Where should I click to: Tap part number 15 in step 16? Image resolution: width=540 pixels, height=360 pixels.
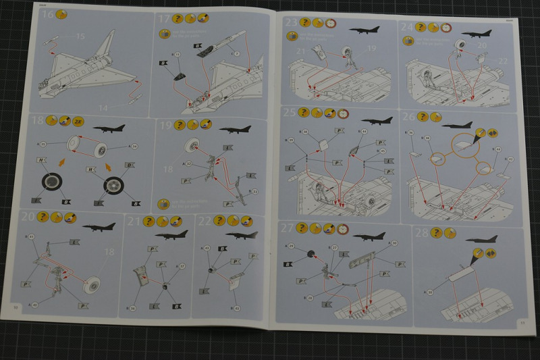click(80, 35)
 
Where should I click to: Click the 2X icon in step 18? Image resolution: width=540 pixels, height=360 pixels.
click(77, 122)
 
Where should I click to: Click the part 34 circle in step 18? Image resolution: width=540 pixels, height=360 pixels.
click(134, 145)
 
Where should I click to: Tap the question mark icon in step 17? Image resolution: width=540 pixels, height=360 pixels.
click(178, 18)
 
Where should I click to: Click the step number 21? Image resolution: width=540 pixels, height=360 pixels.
click(133, 222)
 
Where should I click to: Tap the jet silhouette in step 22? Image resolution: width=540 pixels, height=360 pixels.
click(241, 234)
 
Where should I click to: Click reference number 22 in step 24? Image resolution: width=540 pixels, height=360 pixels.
click(502, 61)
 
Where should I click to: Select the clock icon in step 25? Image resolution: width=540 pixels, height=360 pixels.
click(342, 113)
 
